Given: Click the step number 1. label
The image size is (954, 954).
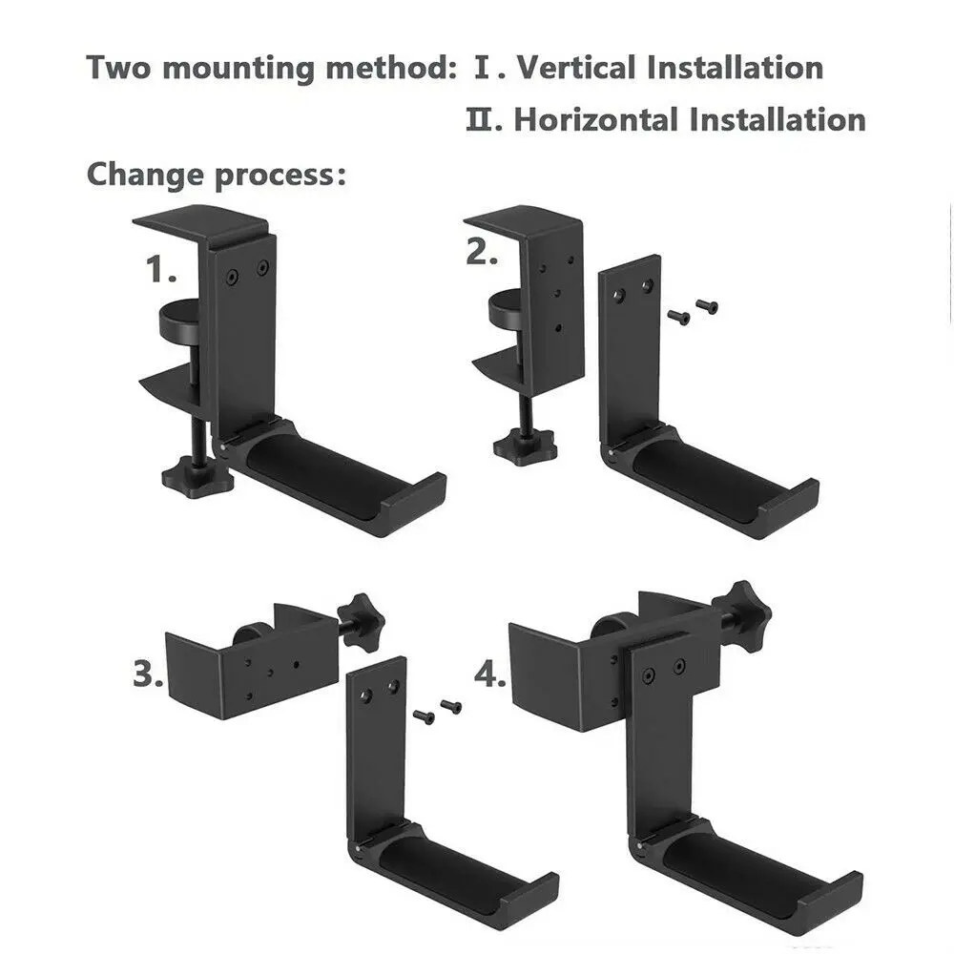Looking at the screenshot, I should point(161,271).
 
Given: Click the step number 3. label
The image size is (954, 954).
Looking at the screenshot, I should point(148,676).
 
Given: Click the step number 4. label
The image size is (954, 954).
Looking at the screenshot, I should point(491,676).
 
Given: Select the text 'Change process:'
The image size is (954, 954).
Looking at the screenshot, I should point(216,176).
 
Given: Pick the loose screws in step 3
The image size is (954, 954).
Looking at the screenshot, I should point(438,712).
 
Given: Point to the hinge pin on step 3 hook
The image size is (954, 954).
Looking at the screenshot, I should point(356,846).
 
